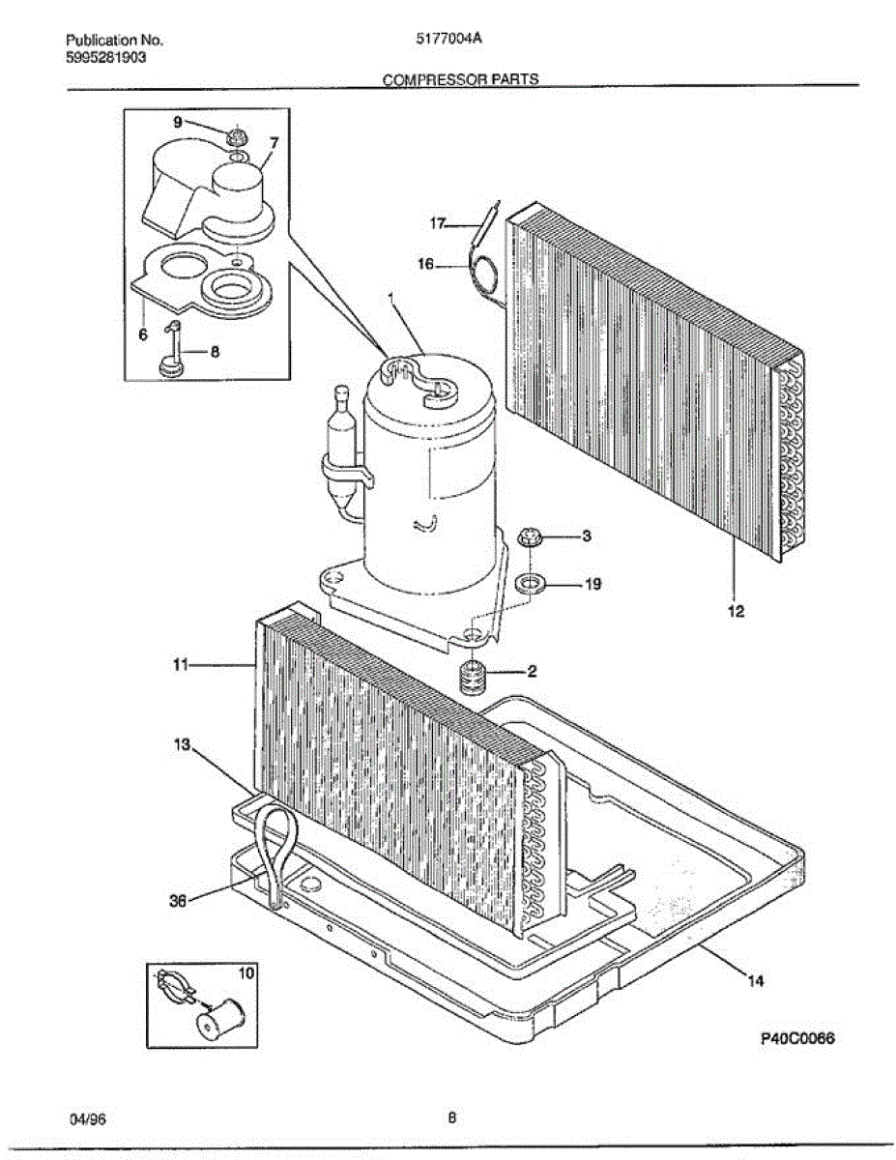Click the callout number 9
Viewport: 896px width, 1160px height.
point(178,122)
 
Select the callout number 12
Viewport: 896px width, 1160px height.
point(736,611)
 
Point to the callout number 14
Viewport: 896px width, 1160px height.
point(755,981)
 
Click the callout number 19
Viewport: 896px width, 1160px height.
point(593,584)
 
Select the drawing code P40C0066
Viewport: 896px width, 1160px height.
point(795,1039)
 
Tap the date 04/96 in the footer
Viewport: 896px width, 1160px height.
point(86,1119)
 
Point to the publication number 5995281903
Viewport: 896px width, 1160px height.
point(106,57)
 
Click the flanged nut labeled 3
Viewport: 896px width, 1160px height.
point(529,537)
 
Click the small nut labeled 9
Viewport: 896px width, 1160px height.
point(235,136)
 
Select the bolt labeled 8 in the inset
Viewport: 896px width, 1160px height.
point(170,351)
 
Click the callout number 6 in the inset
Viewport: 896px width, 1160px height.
point(142,334)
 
